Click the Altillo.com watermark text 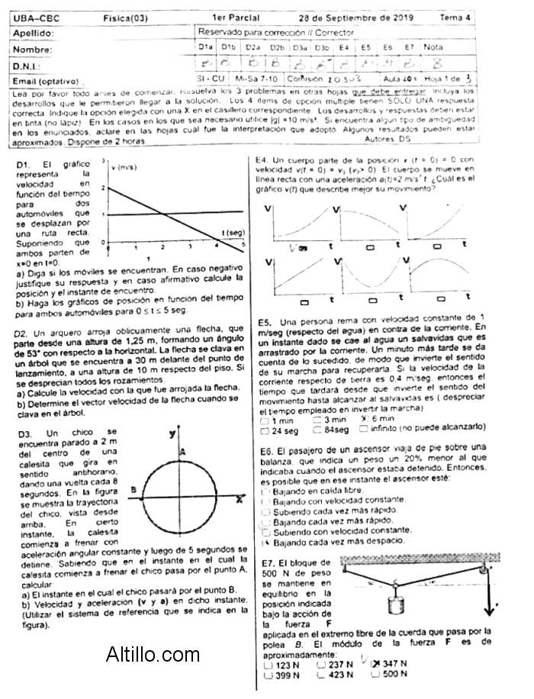click(x=153, y=654)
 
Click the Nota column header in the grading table click(x=433, y=47)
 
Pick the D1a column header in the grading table click(x=206, y=47)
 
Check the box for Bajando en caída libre click(x=264, y=491)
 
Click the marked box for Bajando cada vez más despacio click(x=264, y=541)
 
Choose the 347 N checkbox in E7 click(x=375, y=664)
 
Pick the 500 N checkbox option click(x=375, y=675)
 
